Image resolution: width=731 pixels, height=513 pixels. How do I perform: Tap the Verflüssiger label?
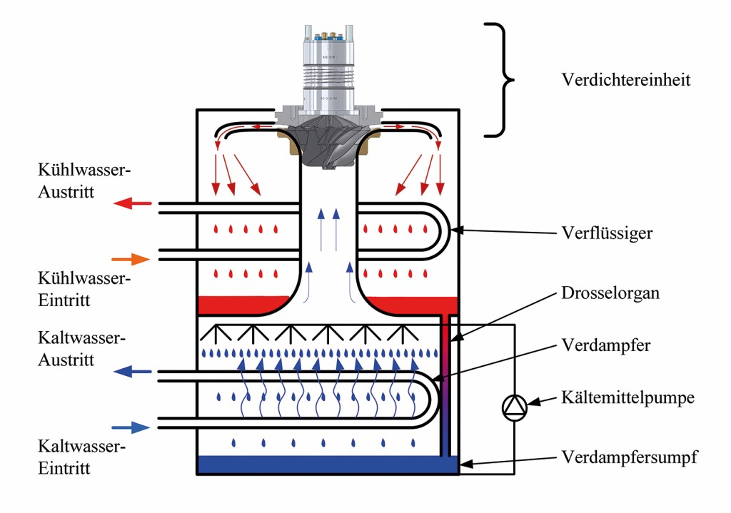[x=606, y=233]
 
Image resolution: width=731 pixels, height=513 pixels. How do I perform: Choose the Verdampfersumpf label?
[x=629, y=456]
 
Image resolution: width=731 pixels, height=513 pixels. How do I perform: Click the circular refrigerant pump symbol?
[x=514, y=407]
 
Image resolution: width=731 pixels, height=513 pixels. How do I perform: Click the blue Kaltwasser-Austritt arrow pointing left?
[x=133, y=371]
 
